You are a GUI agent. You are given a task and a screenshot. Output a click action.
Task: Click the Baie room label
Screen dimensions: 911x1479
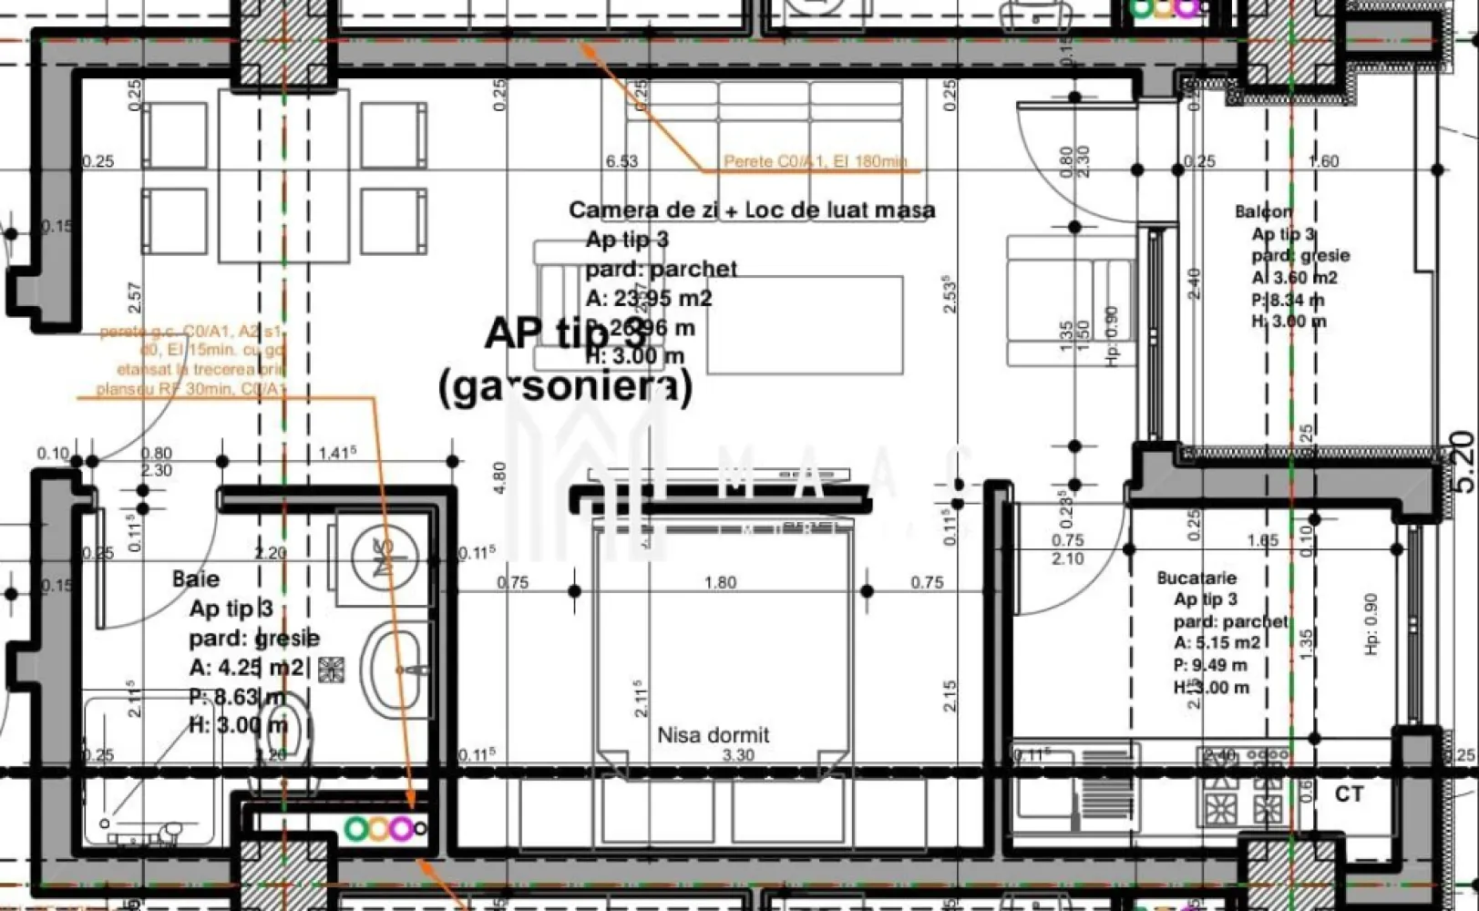(196, 579)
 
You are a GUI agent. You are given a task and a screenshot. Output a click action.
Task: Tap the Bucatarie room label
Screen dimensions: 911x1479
(1197, 578)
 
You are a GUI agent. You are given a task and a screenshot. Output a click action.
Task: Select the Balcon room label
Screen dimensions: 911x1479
(1263, 211)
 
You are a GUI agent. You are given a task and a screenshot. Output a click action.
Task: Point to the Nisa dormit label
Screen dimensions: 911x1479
(714, 734)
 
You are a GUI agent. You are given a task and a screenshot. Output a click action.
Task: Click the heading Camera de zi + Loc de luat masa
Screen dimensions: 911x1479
(752, 210)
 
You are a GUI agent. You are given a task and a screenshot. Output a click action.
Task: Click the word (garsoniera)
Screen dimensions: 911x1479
(565, 387)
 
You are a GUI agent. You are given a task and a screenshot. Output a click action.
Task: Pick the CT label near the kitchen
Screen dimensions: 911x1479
(1349, 794)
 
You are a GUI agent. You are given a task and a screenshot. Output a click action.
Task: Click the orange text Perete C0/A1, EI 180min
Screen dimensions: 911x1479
(815, 162)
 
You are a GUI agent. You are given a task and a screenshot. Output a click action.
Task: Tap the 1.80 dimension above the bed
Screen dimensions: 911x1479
(720, 582)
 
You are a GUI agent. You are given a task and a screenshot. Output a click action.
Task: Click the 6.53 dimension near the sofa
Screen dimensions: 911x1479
(621, 161)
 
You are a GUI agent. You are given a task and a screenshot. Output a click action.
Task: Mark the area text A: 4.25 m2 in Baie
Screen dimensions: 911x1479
(247, 668)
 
